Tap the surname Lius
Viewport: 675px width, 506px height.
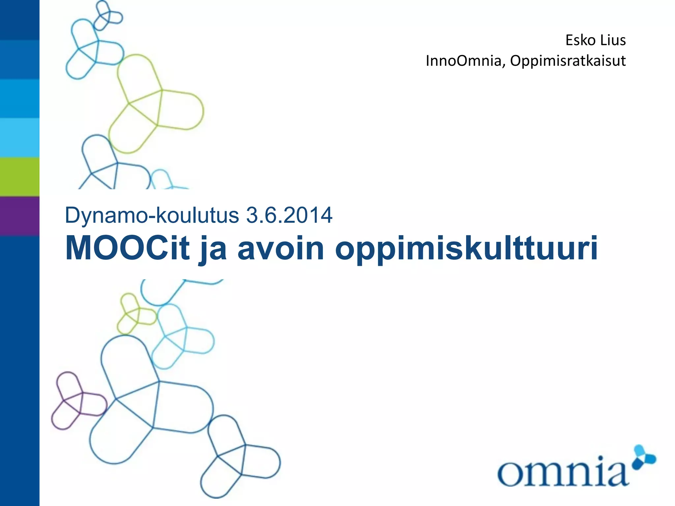[x=613, y=40]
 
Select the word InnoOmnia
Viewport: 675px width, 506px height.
[x=463, y=61]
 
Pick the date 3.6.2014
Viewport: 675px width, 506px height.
[x=289, y=215]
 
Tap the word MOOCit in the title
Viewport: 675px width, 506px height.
[x=128, y=248]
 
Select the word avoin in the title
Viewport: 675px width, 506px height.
[x=281, y=248]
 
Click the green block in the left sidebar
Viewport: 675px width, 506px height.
[x=19, y=177]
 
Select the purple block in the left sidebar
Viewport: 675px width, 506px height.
[x=19, y=216]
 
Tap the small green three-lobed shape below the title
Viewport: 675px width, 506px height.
[x=135, y=313]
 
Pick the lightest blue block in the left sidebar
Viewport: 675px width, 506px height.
[x=19, y=138]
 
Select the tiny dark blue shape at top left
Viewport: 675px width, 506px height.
[x=107, y=16]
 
